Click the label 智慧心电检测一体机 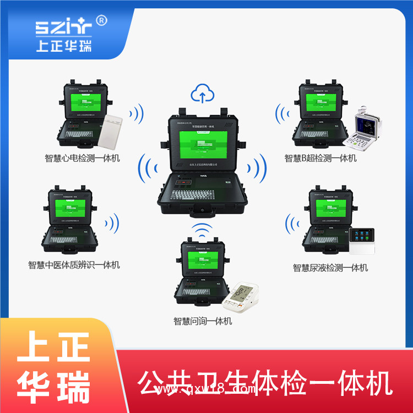(82, 159)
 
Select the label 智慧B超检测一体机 (320, 158)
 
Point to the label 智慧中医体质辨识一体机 (74, 265)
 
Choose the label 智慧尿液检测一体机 (330, 268)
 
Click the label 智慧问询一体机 (203, 321)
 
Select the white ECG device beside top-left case (115, 131)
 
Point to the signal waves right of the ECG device (135, 115)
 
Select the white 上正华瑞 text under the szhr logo (63, 45)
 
